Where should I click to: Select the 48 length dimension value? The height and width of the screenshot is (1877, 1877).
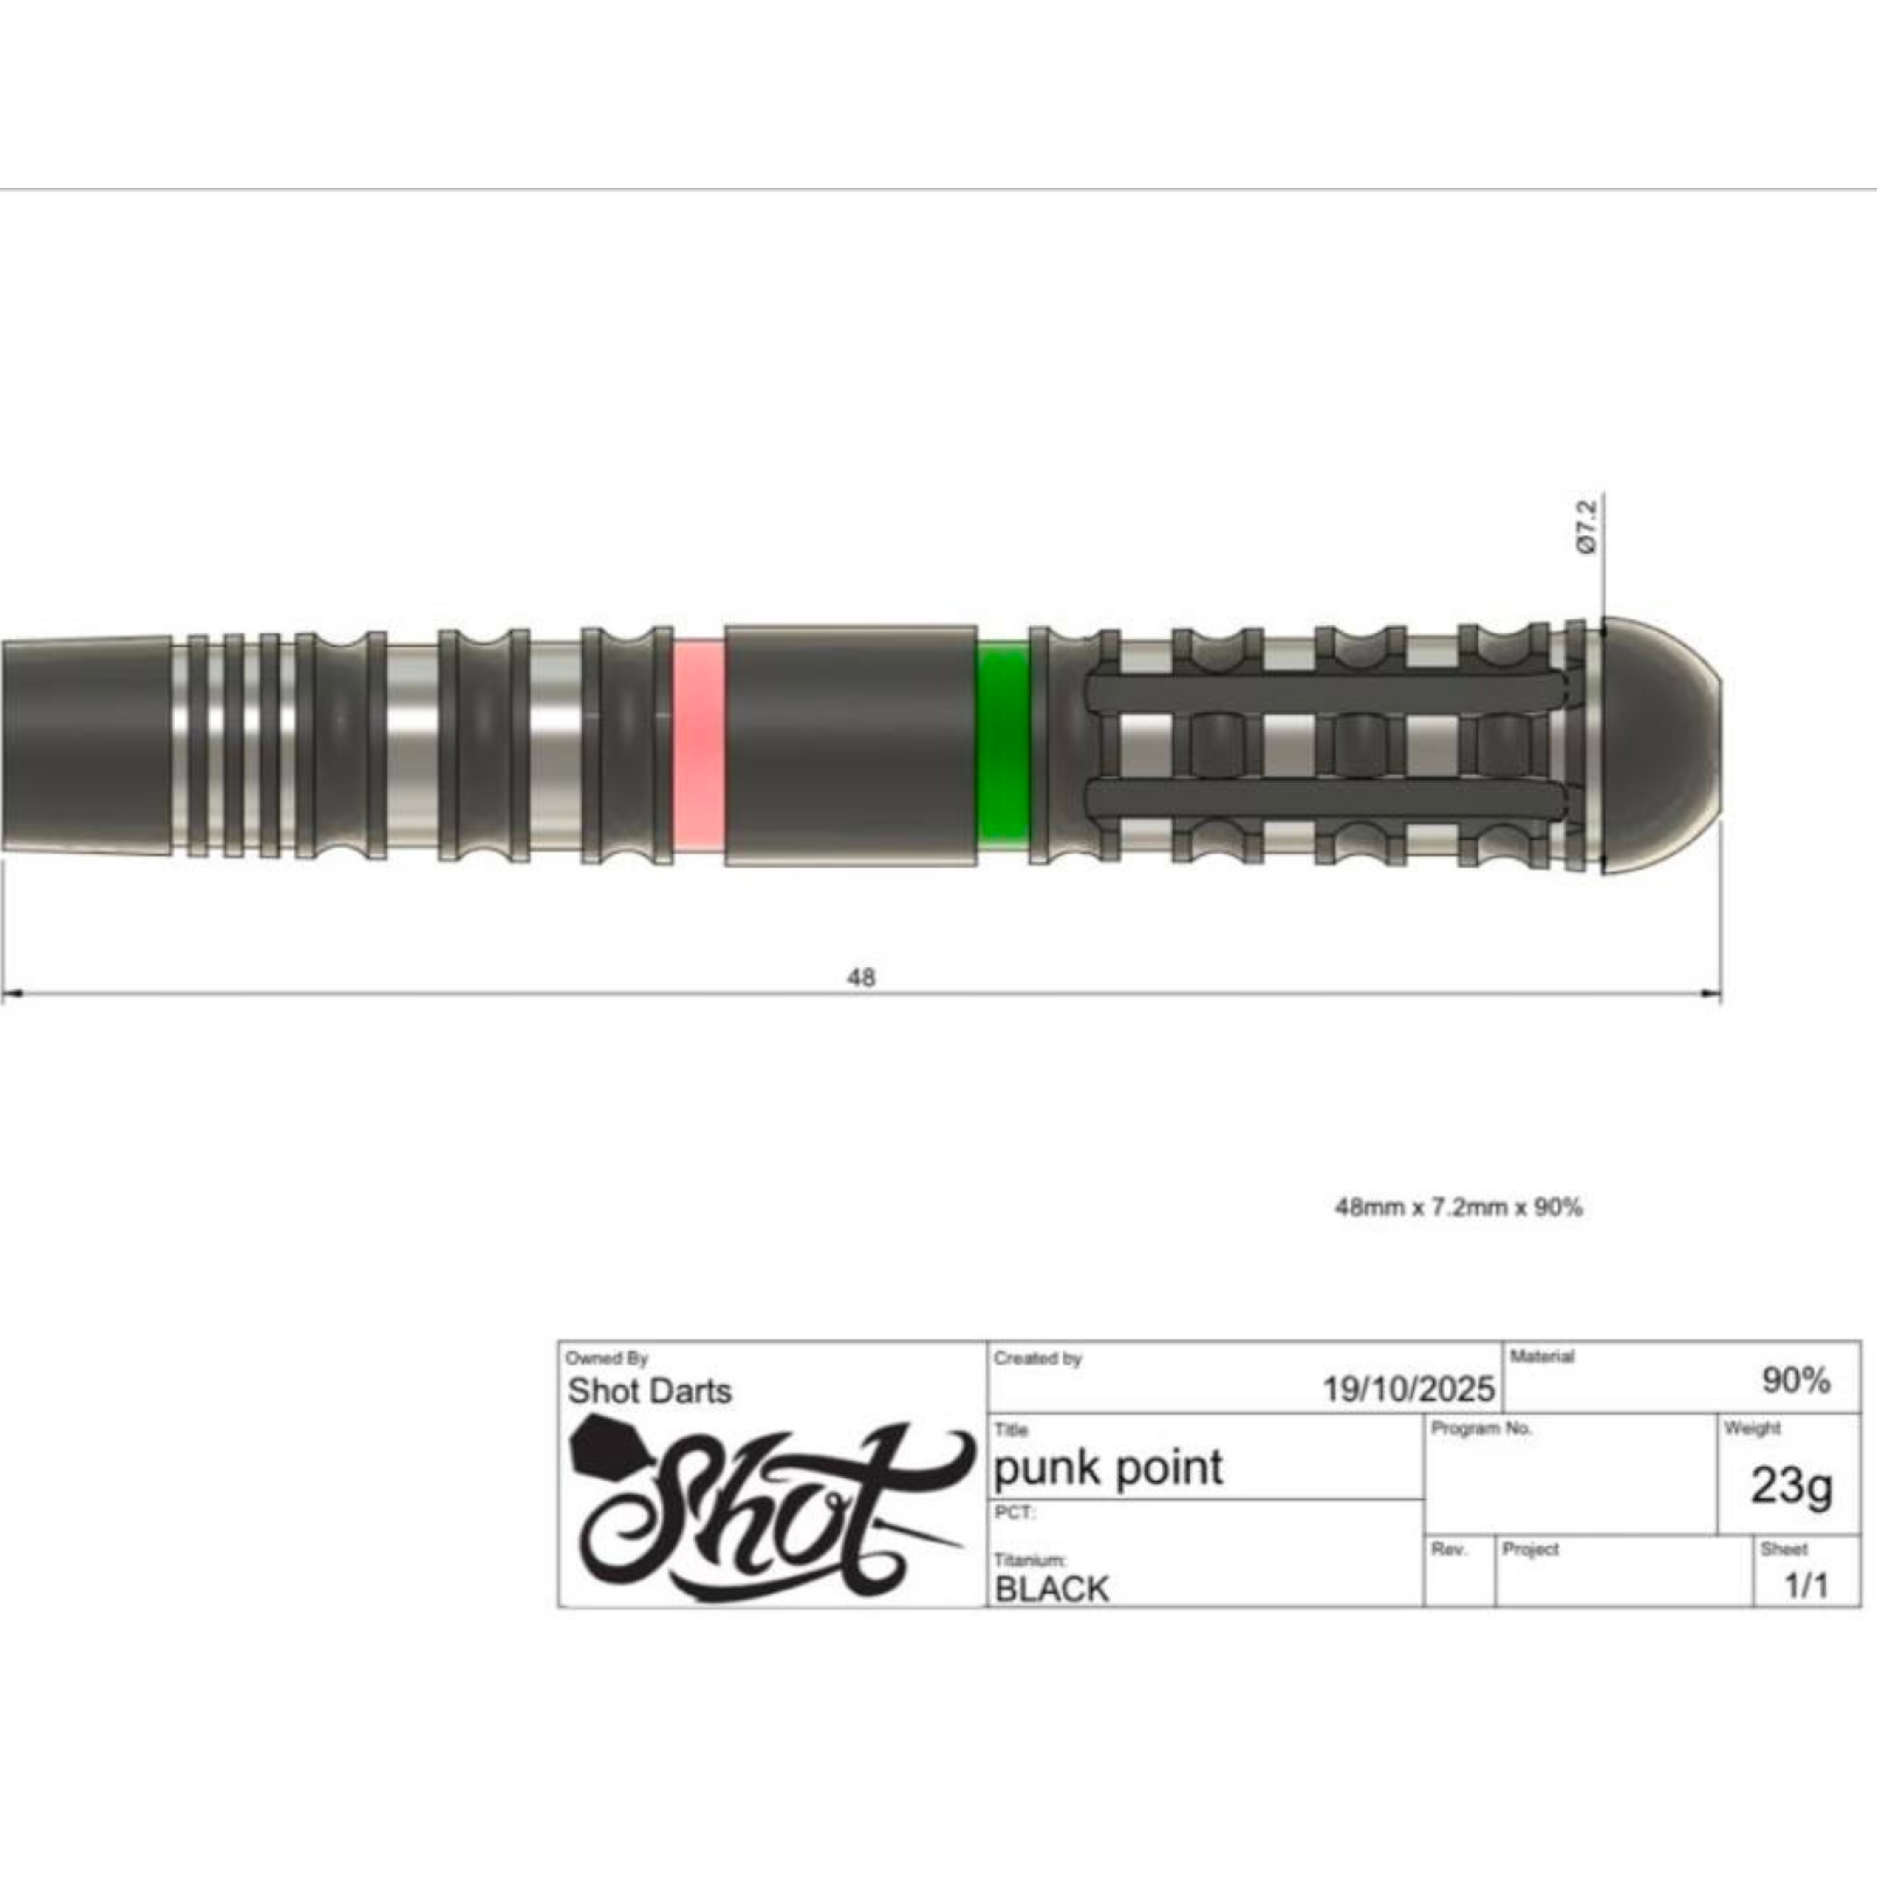[861, 977]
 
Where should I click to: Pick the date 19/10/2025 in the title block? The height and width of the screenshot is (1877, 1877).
[1408, 1389]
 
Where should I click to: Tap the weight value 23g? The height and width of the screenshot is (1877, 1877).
[1790, 1484]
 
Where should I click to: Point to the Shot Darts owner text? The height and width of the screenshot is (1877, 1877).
[649, 1391]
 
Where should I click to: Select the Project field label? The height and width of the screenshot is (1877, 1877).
[1530, 1549]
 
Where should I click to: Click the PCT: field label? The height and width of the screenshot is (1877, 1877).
[1014, 1512]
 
